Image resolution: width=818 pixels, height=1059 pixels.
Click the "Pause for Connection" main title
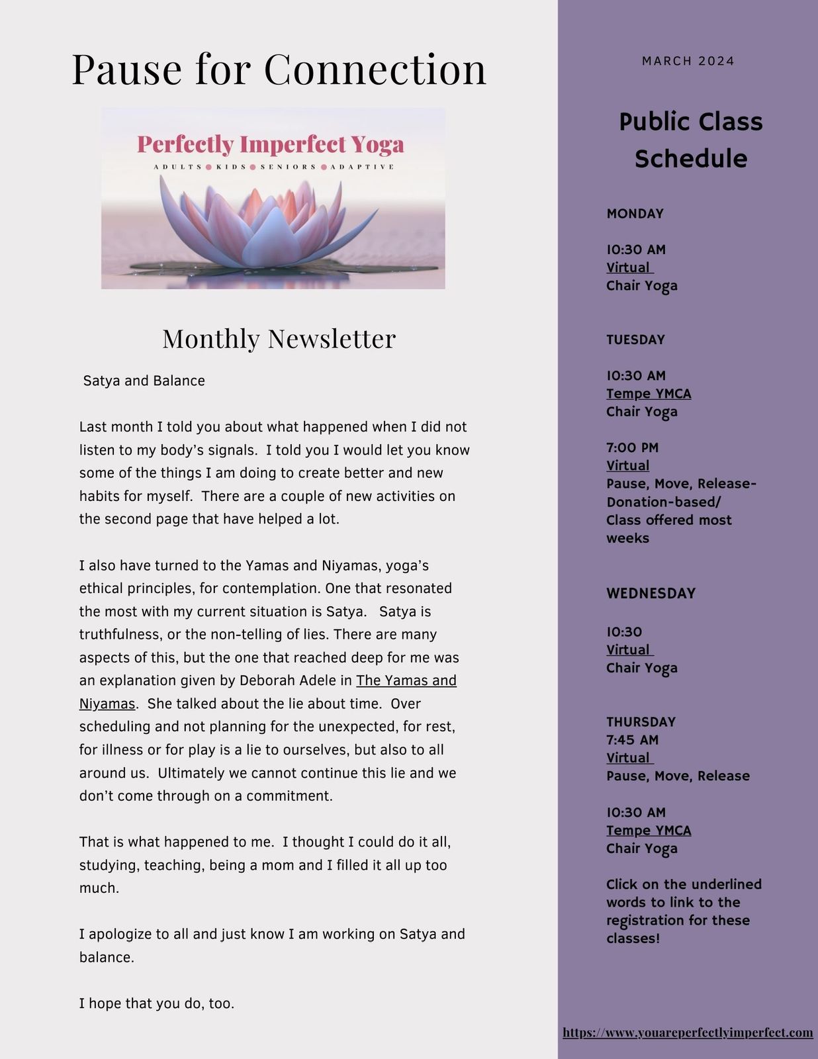(x=279, y=69)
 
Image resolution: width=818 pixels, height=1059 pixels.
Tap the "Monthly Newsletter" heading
(x=279, y=338)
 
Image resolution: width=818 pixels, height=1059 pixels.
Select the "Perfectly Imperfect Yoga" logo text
(x=270, y=144)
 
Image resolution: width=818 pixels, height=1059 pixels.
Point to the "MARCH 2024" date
(x=688, y=61)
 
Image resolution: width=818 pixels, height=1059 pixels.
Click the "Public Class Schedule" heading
(x=690, y=140)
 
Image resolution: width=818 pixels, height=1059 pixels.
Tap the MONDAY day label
(x=635, y=214)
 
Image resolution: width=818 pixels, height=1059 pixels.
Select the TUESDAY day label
(x=635, y=340)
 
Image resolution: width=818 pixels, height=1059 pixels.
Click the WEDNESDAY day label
(x=651, y=593)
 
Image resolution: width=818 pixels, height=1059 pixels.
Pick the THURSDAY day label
(x=641, y=721)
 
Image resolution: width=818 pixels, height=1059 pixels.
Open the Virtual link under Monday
(x=629, y=267)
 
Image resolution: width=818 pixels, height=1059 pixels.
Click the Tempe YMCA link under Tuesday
(x=649, y=394)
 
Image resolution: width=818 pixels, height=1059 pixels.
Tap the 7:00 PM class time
(x=632, y=447)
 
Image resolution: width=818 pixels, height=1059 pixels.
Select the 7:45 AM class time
(x=632, y=740)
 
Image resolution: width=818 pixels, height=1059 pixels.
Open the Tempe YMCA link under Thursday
(x=649, y=831)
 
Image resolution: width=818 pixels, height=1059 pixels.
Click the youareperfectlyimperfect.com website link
(x=688, y=1033)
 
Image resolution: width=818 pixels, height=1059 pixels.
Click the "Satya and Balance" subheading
(x=144, y=381)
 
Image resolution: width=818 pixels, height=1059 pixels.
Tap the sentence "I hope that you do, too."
(x=157, y=1003)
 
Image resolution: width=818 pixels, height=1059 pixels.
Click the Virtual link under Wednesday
(x=629, y=650)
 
